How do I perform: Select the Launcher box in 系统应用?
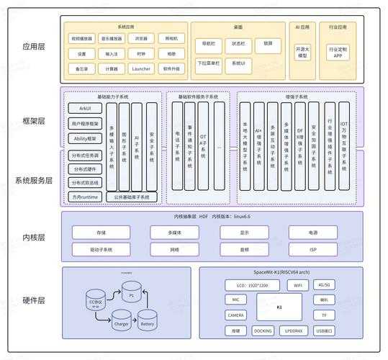[x=141, y=69]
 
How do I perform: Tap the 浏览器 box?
[x=141, y=39]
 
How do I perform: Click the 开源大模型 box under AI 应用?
[x=302, y=52]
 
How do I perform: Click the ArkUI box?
[x=86, y=107]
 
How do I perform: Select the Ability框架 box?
[x=86, y=138]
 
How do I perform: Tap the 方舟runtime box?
[x=86, y=197]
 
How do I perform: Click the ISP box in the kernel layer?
[x=312, y=250]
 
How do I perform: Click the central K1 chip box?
[x=279, y=306]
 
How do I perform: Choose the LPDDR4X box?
[x=294, y=330]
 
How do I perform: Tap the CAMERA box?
[x=235, y=315]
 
